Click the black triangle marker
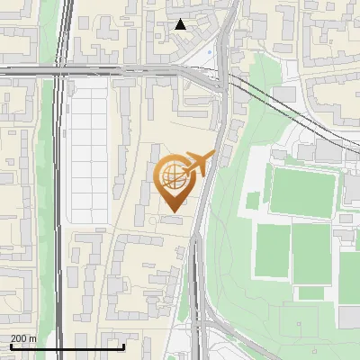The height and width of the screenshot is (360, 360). [x=181, y=24]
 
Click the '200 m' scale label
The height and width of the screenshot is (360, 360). [x=23, y=338]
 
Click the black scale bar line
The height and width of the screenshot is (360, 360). [x=67, y=346]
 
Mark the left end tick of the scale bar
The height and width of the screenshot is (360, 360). [x=11, y=346]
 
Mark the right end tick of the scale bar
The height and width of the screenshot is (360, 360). [x=124, y=346]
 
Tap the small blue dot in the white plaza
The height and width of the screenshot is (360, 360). [x=210, y=51]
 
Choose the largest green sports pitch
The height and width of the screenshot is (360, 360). [x=303, y=191]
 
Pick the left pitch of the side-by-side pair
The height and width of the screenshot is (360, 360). [x=273, y=250]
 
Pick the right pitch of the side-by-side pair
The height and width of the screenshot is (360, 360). [x=311, y=250]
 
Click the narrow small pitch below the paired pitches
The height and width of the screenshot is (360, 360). [x=311, y=292]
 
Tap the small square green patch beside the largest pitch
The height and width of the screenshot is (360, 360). [x=254, y=199]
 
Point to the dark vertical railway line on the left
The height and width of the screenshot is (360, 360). [x=59, y=225]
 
